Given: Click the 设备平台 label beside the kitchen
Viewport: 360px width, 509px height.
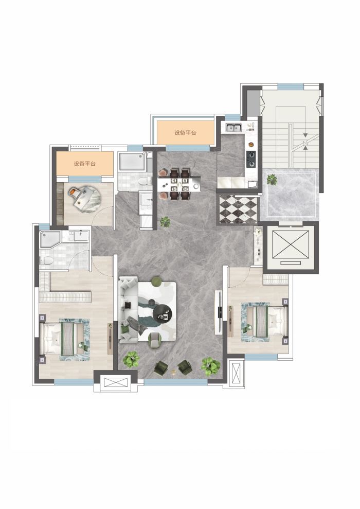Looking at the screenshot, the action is click(x=185, y=133).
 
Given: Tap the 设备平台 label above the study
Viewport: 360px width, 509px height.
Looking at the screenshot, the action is click(x=85, y=164).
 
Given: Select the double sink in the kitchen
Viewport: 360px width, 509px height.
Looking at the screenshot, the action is click(x=233, y=127).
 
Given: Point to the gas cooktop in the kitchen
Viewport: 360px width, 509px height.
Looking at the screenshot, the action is click(x=251, y=159).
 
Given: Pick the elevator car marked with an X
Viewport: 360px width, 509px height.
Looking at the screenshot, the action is click(x=291, y=244).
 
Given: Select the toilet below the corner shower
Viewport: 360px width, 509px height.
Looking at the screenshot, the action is click(x=46, y=260).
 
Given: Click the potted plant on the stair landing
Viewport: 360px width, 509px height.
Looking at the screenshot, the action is click(x=272, y=179).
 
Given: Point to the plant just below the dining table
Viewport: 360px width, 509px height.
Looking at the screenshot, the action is click(x=166, y=222).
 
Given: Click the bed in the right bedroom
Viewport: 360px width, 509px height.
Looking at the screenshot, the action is click(x=265, y=322).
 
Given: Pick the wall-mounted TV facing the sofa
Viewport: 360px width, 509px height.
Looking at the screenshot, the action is click(x=219, y=312).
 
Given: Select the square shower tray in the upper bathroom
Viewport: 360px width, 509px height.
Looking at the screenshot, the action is click(x=132, y=161).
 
